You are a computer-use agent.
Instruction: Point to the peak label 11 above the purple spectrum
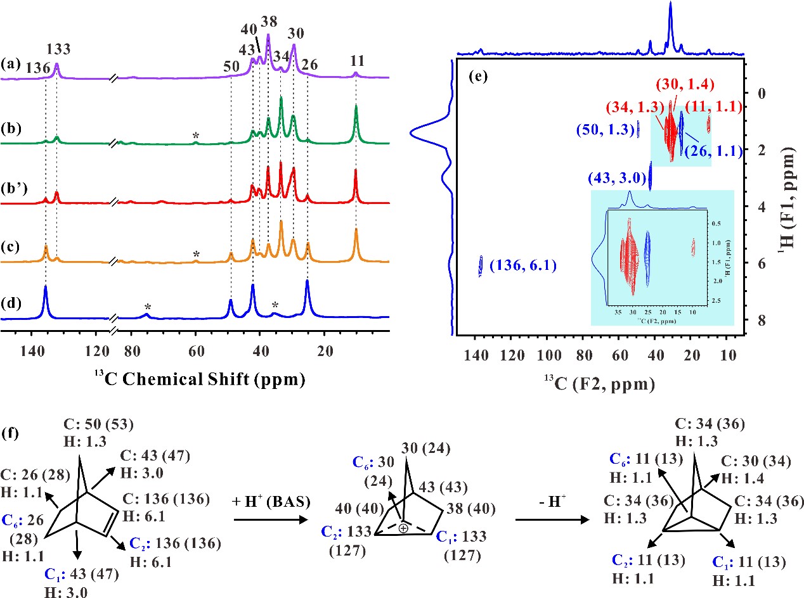pyautogui.click(x=356, y=63)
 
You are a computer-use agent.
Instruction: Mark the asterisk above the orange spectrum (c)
pyautogui.click(x=197, y=254)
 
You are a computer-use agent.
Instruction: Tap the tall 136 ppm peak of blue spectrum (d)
pyautogui.click(x=46, y=289)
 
